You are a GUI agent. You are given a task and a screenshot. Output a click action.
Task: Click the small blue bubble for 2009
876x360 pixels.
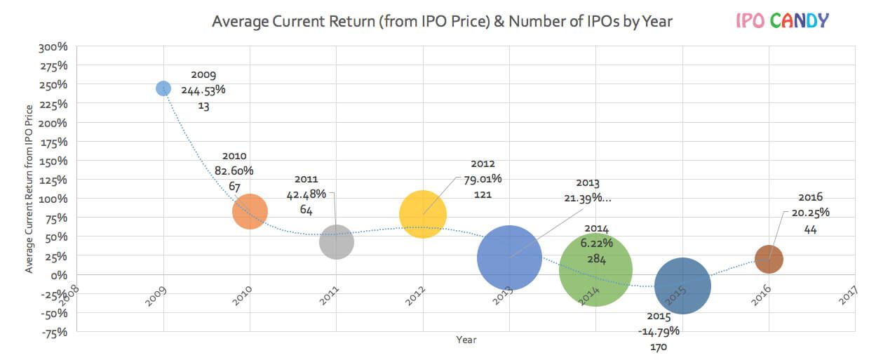(163, 88)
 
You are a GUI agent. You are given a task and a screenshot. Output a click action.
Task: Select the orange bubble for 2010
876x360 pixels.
(250, 211)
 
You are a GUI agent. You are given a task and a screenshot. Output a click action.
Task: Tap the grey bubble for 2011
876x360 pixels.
(336, 242)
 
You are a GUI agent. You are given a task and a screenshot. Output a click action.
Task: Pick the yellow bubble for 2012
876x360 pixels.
(423, 214)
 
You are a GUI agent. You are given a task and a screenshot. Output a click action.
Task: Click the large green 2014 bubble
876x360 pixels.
(595, 270)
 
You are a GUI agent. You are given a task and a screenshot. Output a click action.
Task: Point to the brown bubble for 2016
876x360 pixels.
(769, 259)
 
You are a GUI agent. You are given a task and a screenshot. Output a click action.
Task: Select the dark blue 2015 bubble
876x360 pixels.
(682, 286)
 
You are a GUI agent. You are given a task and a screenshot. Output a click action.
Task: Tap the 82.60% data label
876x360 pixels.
(234, 171)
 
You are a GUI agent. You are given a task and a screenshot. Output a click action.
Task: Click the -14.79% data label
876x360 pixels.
(658, 331)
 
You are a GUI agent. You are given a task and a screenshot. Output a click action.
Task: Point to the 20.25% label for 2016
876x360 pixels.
(810, 213)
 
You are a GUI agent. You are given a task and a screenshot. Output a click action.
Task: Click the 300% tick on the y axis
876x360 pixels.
(53, 47)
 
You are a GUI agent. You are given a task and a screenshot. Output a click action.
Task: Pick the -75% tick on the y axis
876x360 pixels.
(53, 332)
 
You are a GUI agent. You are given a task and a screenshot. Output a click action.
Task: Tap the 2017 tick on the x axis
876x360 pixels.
(849, 296)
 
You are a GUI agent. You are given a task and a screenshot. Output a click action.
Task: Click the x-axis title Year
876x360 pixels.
(466, 340)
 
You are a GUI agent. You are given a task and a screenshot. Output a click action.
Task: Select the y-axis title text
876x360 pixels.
(29, 189)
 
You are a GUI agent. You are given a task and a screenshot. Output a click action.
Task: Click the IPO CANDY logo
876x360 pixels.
(781, 20)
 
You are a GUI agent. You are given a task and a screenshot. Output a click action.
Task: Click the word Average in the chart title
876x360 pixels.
(238, 21)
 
